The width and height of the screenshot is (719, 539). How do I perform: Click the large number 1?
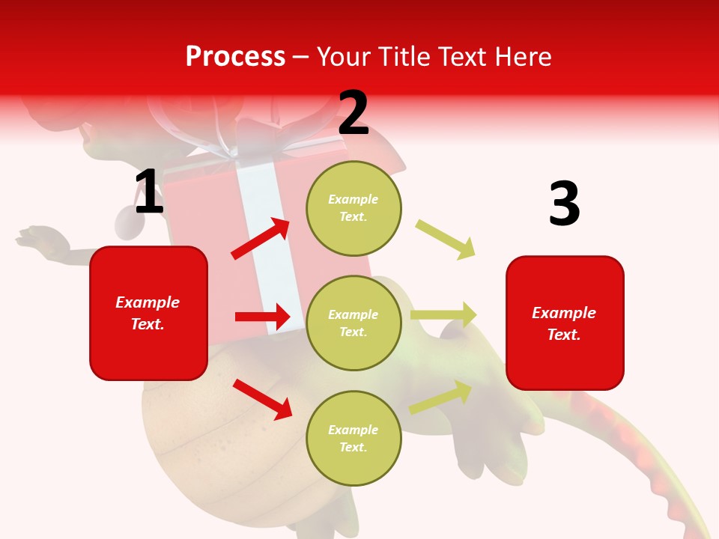coord(149,192)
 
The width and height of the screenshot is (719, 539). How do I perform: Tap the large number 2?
coord(354,114)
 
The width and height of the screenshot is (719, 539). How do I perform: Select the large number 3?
coord(564,204)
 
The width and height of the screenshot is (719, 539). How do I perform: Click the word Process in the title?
coord(235,56)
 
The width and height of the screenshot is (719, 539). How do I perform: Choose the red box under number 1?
coord(148,313)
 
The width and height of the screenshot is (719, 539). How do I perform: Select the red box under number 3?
coord(565,323)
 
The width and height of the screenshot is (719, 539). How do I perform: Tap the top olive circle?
coord(354,208)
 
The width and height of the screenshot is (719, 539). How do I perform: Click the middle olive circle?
coord(354,323)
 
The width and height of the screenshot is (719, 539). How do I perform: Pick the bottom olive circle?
coord(354,438)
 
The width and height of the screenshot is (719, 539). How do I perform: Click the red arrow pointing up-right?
coord(261,239)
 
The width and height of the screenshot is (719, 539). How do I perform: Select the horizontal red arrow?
coord(262,317)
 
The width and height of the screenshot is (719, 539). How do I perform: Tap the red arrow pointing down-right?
coord(262,399)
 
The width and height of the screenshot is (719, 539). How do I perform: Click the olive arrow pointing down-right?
coord(445,239)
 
